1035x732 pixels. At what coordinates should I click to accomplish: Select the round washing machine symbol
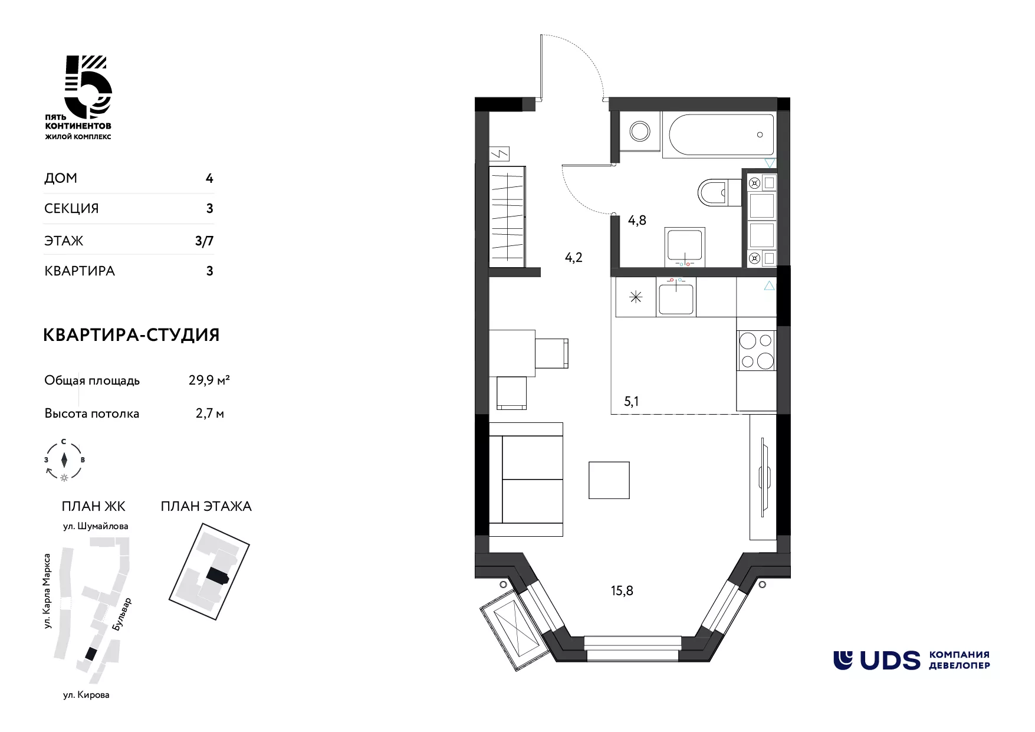point(639,131)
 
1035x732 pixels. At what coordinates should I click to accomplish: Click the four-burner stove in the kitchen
point(757,350)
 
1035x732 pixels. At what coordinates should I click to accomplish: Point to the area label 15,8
point(622,590)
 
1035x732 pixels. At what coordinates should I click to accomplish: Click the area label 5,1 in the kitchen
point(631,402)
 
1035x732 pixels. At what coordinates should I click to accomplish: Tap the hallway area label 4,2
point(573,257)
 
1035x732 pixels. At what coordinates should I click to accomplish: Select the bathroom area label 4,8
point(637,221)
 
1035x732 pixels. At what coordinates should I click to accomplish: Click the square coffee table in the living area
point(609,480)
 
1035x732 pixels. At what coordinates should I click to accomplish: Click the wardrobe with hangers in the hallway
point(507,216)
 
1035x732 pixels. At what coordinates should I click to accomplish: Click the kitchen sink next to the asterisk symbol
point(677,298)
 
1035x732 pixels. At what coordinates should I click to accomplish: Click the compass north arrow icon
point(64,459)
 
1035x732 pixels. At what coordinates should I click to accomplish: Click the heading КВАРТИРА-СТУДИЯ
point(132,335)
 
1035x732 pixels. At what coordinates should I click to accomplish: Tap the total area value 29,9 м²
point(209,380)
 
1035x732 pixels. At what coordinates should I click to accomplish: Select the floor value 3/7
point(205,241)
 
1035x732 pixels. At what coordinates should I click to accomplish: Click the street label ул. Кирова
point(86,695)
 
